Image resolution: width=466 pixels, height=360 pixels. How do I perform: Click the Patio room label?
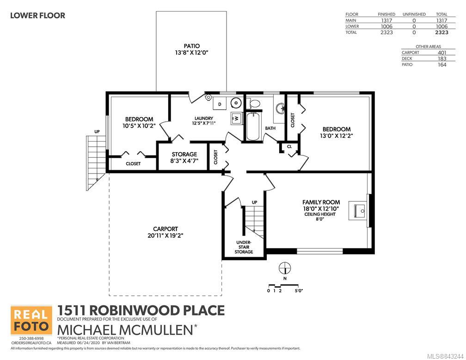click(x=192, y=46)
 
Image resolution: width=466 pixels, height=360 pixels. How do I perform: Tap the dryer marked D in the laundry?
click(x=220, y=104)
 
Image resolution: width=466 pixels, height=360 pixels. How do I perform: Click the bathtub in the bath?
click(x=253, y=126)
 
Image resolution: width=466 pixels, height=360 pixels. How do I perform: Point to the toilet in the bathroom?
click(x=253, y=103)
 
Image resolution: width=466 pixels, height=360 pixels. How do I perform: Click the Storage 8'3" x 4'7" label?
click(x=184, y=157)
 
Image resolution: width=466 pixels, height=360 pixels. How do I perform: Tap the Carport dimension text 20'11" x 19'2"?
click(x=166, y=236)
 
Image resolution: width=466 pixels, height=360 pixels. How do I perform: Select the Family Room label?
click(x=321, y=202)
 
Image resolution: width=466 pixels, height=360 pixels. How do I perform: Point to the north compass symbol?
click(x=285, y=268)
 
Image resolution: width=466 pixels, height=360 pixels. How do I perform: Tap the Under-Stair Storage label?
click(x=244, y=247)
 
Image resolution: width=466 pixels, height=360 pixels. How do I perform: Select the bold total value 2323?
click(x=441, y=32)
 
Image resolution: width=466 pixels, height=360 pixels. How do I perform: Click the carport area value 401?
click(x=442, y=53)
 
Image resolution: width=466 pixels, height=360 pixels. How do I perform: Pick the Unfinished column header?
click(x=414, y=14)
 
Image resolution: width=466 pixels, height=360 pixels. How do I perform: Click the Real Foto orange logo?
click(x=31, y=320)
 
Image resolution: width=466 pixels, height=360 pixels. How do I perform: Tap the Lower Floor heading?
click(x=38, y=15)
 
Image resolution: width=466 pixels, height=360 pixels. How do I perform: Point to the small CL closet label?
click(x=289, y=146)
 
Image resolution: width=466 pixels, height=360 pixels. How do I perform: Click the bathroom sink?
click(x=280, y=108)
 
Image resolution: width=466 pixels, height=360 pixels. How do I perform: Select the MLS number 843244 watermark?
click(x=445, y=356)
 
